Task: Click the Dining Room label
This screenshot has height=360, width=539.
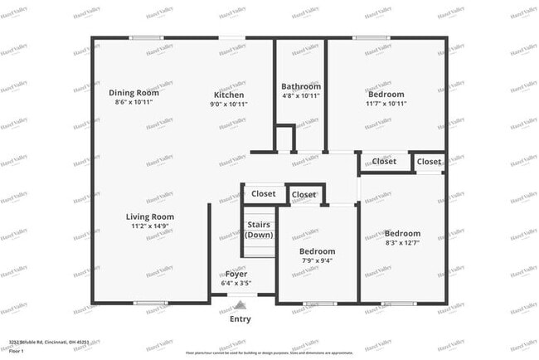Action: (x=134, y=93)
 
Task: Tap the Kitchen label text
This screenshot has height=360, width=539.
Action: (x=230, y=95)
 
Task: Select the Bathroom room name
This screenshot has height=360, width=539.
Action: (x=300, y=86)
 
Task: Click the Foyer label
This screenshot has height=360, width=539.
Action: (x=236, y=275)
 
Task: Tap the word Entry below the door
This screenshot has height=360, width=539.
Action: (x=240, y=319)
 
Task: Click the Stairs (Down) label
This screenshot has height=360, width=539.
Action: (x=259, y=229)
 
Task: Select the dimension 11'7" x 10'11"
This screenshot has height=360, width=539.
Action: (x=386, y=105)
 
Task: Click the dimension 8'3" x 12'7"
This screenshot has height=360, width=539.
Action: (x=402, y=243)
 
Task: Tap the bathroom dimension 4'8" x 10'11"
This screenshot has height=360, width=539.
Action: (x=300, y=96)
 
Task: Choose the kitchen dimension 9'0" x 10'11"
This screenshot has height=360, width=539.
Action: (x=230, y=105)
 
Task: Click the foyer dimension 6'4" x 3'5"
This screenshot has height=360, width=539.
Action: (x=236, y=284)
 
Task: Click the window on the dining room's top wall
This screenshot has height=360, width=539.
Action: (x=146, y=37)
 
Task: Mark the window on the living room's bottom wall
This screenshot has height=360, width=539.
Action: (x=151, y=303)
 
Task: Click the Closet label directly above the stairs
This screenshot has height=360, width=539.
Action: (x=264, y=195)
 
